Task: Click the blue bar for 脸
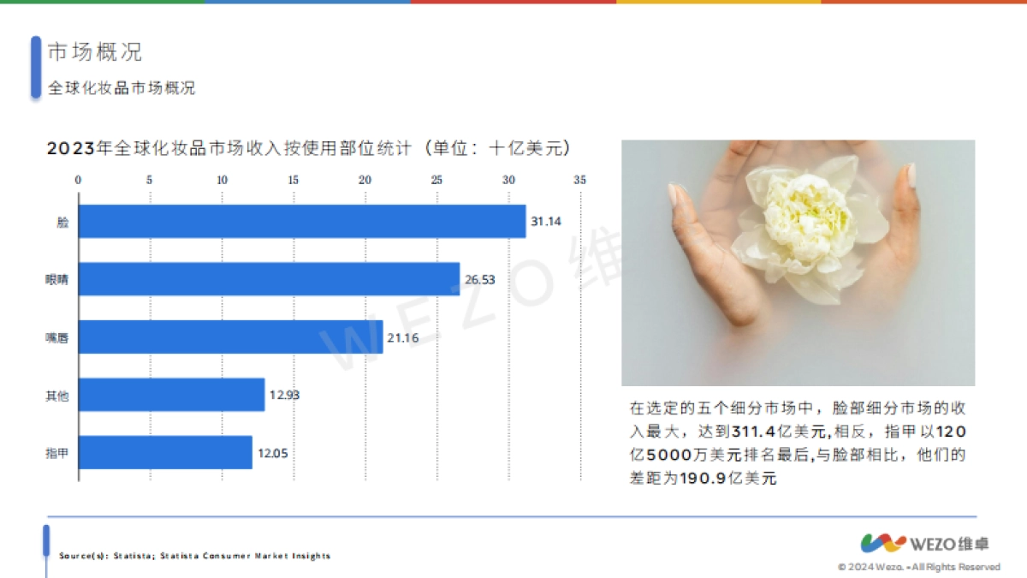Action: (301, 221)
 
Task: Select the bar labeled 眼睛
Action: (269, 279)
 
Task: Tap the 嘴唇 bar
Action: (230, 337)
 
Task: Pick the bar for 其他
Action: (171, 395)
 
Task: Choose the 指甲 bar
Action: (165, 452)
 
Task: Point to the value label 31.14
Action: (546, 221)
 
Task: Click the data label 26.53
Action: (479, 279)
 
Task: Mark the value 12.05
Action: (272, 452)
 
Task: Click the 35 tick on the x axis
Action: (580, 180)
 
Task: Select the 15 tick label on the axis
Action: (294, 180)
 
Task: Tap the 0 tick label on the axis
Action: (79, 180)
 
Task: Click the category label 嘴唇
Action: (56, 337)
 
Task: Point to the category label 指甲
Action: (56, 453)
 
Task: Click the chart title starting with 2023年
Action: (308, 148)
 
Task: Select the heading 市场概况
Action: (94, 52)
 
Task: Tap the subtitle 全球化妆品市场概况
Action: (122, 88)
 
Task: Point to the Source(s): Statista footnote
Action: (194, 556)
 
